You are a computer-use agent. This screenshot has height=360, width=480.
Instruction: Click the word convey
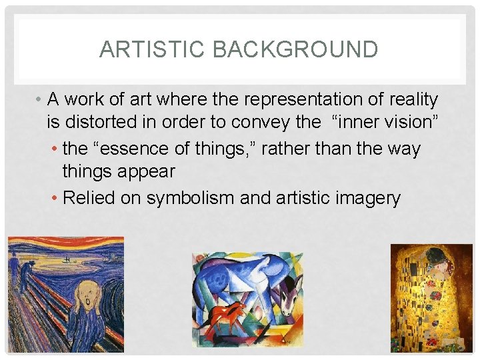263,123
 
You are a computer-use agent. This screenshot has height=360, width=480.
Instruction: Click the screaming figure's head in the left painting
87,294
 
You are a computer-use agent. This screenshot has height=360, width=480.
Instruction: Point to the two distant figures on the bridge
25,271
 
